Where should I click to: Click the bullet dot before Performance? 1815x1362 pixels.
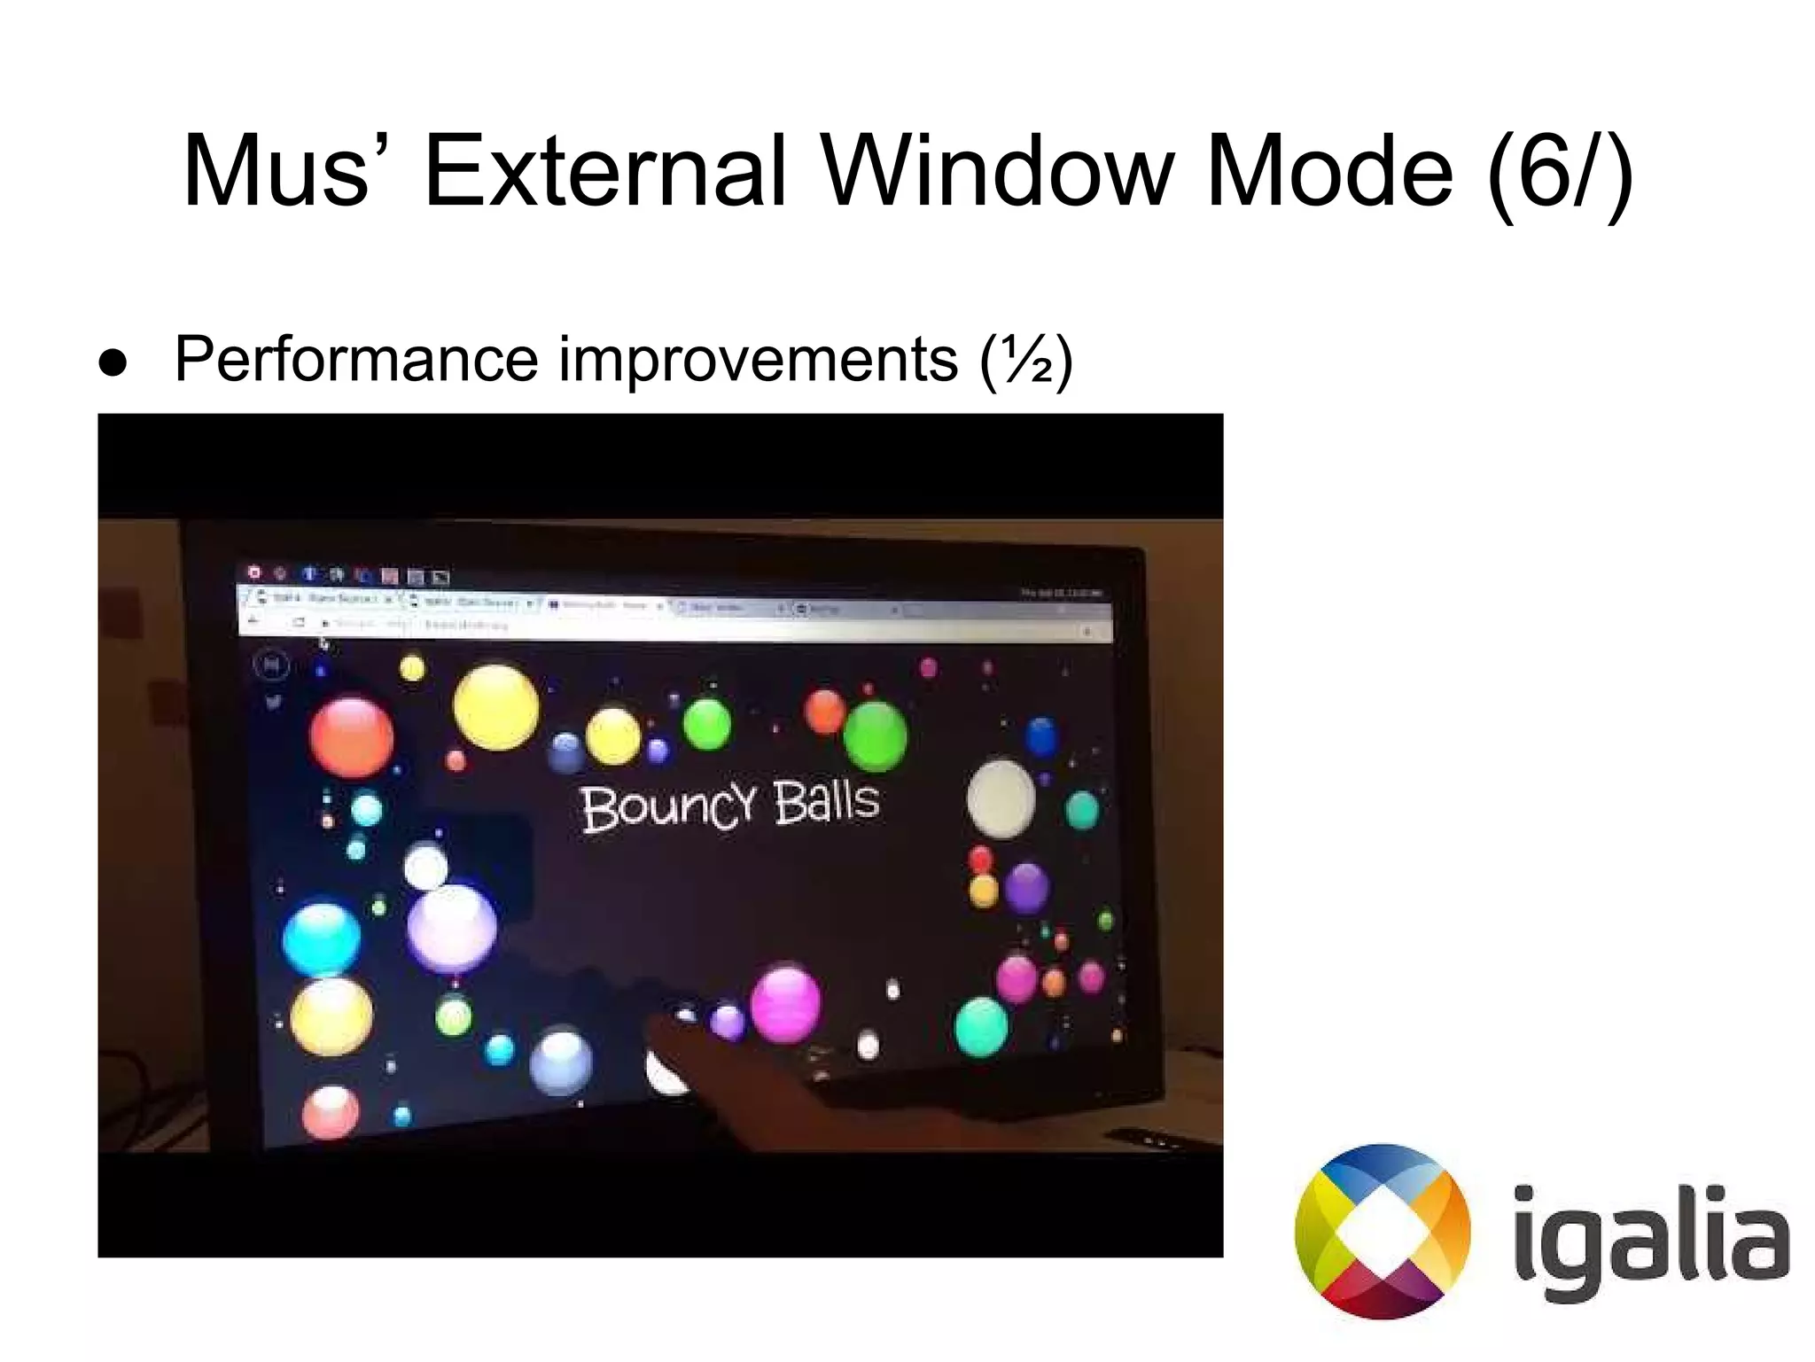click(113, 364)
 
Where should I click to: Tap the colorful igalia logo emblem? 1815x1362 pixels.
click(1383, 1232)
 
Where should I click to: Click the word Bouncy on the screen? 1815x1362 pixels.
click(669, 806)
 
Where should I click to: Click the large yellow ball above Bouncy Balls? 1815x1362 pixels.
click(495, 707)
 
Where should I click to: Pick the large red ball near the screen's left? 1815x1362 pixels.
click(352, 737)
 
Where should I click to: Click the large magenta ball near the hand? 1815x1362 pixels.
click(784, 1004)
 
